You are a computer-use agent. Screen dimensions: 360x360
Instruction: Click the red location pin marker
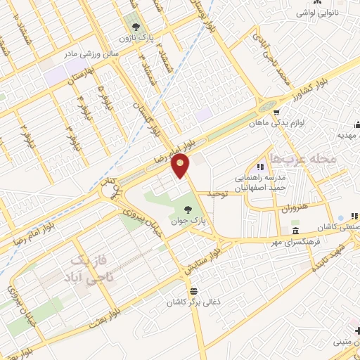point(182,165)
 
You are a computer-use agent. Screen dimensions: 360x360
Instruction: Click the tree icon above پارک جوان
point(188,207)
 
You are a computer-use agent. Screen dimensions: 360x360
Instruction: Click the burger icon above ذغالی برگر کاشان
point(193,290)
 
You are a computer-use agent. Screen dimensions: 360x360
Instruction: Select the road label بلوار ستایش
point(202,261)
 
